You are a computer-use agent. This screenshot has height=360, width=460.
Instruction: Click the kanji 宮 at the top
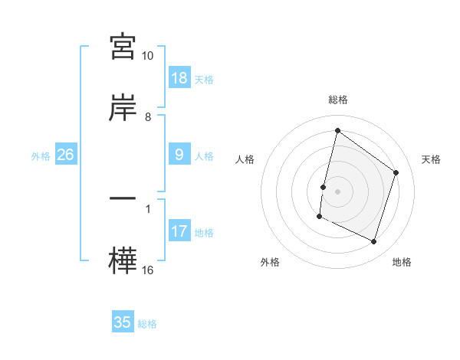123,47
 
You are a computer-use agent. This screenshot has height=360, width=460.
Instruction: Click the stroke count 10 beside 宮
148,56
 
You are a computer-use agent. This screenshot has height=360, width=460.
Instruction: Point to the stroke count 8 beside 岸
148,117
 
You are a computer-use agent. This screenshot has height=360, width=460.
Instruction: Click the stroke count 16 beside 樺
148,270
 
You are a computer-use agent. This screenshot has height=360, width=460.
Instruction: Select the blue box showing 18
179,78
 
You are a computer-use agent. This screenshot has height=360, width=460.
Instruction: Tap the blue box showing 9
179,155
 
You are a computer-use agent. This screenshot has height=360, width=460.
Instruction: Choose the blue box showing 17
179,231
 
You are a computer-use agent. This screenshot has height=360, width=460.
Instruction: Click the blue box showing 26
66,155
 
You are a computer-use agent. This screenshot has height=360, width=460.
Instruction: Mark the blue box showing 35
123,322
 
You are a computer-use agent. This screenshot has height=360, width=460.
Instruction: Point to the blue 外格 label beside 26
41,156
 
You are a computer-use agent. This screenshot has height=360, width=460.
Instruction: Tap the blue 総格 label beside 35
147,324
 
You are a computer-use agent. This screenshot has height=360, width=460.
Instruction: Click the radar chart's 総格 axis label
337,100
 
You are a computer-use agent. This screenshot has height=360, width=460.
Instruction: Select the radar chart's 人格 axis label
245,159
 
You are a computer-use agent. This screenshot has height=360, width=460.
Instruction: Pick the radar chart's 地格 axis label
402,262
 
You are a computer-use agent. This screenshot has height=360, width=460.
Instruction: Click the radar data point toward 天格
396,172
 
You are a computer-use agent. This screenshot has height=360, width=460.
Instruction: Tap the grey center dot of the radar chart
337,191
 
